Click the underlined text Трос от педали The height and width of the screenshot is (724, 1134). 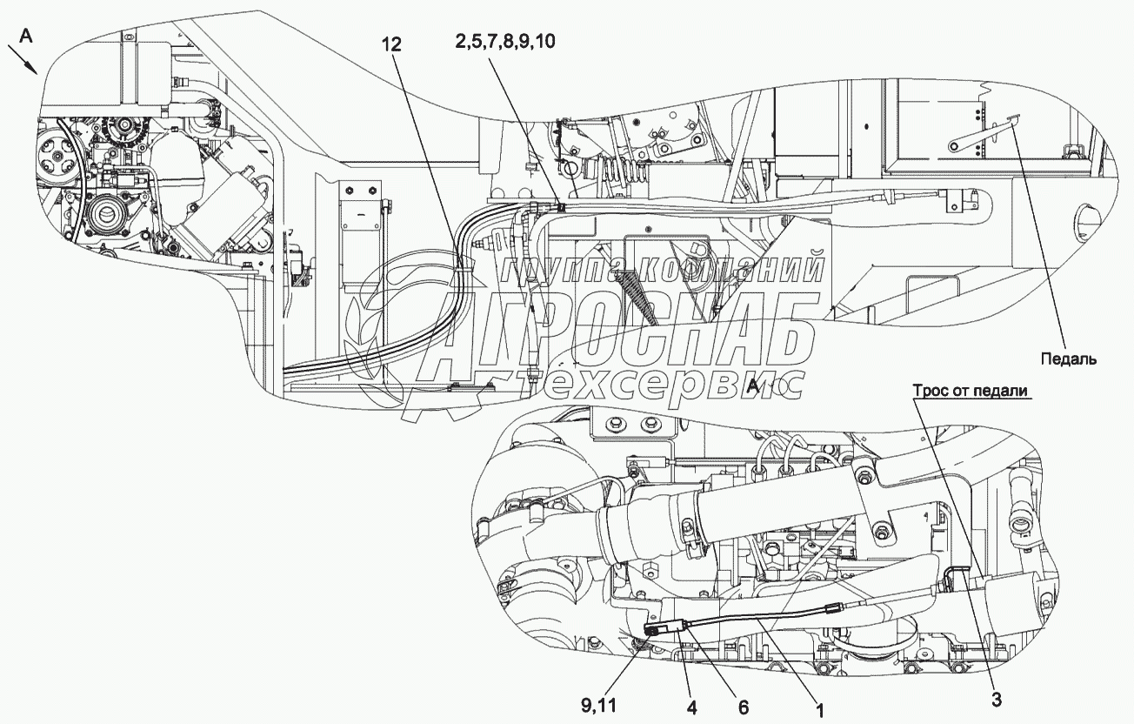click(x=971, y=391)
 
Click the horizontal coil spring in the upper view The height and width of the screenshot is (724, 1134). click(x=619, y=170)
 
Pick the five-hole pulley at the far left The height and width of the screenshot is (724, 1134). click(x=58, y=158)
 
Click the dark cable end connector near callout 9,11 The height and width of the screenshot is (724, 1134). click(x=653, y=627)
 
